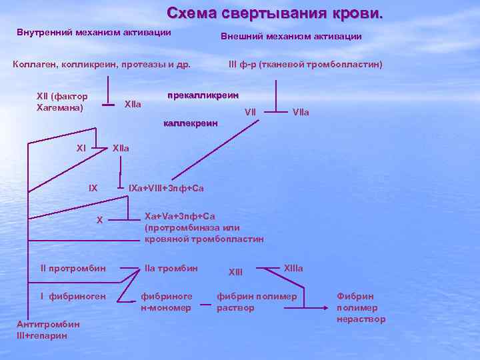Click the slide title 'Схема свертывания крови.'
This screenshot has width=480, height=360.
[x=275, y=13]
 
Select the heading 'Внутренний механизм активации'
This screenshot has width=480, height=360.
[x=94, y=33]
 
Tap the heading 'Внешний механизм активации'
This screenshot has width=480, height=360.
[x=291, y=37]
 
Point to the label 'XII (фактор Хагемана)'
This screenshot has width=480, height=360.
[x=62, y=101]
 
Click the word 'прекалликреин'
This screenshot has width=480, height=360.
[x=203, y=95]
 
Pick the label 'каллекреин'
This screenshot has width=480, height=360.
[x=191, y=123]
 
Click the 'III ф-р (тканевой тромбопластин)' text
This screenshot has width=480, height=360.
[x=305, y=65]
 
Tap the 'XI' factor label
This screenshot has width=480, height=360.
[x=81, y=147]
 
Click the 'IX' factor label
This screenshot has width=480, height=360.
[x=93, y=189]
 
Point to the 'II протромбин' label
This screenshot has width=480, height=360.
[x=73, y=269]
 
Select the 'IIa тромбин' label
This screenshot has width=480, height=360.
[x=171, y=269]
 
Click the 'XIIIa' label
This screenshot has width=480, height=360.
[x=293, y=268]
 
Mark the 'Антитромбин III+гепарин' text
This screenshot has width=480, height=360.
[x=47, y=329]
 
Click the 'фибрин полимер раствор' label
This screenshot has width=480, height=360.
[x=257, y=302]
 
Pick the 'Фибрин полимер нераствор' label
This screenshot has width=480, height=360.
[x=361, y=307]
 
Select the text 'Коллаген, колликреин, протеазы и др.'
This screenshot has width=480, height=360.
[x=102, y=65]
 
